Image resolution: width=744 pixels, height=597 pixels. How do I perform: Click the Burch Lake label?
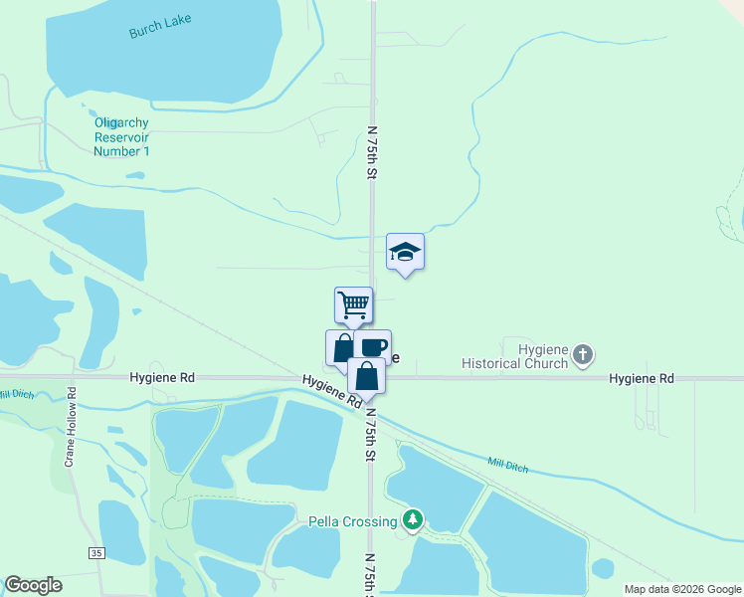click(x=160, y=27)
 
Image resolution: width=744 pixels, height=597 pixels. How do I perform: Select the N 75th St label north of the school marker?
click(x=373, y=152)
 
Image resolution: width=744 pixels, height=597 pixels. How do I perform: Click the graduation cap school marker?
click(x=405, y=251)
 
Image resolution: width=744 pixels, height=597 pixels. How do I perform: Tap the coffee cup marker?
click(x=373, y=347)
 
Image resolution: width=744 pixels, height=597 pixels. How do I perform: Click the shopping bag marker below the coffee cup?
click(x=366, y=376)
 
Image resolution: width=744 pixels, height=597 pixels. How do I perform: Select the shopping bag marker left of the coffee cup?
click(x=341, y=347)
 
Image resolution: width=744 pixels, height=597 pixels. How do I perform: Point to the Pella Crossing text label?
click(x=353, y=520)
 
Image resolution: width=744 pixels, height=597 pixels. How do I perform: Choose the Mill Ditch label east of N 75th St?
click(x=508, y=464)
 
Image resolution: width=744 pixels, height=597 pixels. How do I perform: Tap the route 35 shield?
click(x=95, y=552)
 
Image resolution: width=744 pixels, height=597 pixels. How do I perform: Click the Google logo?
click(x=33, y=585)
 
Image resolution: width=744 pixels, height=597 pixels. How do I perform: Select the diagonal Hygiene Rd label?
click(x=332, y=391)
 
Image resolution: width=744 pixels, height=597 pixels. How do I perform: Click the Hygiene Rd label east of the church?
click(x=642, y=379)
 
